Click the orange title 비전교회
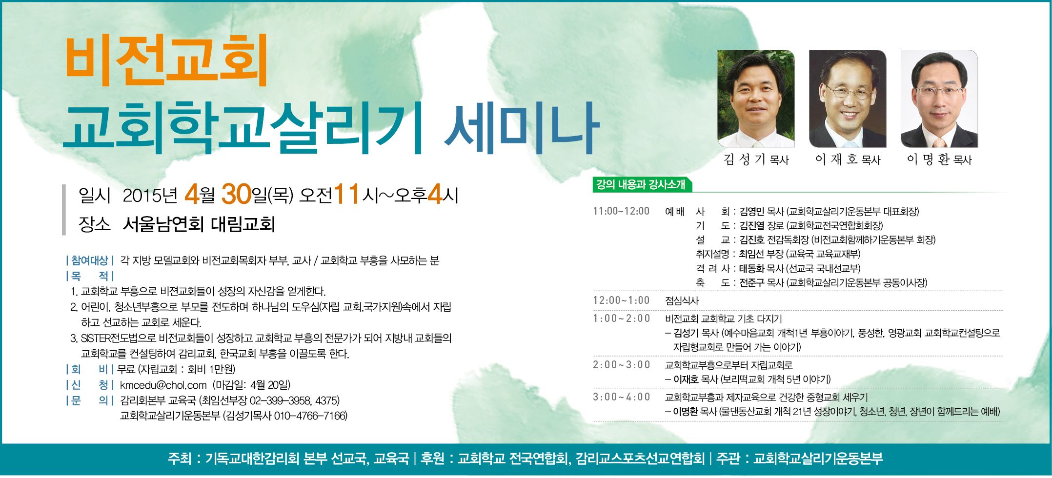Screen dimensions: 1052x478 coord(166,61)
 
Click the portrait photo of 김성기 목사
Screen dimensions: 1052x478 coord(756,99)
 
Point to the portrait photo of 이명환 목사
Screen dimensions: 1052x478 coord(939,99)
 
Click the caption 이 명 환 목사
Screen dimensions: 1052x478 coord(939,159)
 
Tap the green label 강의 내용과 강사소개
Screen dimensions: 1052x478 coord(641,184)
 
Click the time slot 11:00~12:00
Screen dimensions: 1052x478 coord(621,211)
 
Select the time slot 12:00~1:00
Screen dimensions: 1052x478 coord(621,300)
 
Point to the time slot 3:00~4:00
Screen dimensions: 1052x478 coord(622,397)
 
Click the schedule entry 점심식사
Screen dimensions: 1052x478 coord(682,301)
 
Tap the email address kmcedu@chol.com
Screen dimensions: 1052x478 coord(163,385)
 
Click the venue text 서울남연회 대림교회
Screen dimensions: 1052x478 coord(199,224)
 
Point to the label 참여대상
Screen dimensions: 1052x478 coord(89,260)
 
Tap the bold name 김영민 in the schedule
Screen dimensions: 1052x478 coord(752,212)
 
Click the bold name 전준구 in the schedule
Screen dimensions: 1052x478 coord(752,283)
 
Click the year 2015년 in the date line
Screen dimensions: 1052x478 coord(150,196)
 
